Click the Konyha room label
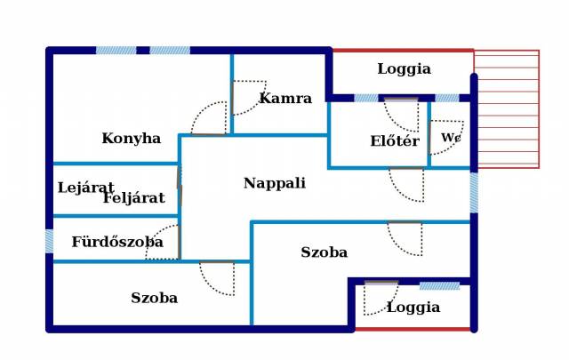click(131, 138)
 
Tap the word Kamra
click(285, 98)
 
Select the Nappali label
click(275, 183)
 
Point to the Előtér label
click(395, 140)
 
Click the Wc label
click(451, 138)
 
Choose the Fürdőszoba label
click(117, 241)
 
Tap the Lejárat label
click(85, 188)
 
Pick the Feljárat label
click(133, 197)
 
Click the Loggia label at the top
click(404, 68)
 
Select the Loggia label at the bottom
click(413, 308)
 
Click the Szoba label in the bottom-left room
click(154, 298)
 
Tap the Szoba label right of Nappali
click(324, 252)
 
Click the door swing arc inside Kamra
click(250, 98)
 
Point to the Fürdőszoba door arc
click(162, 242)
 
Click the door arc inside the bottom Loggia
click(381, 299)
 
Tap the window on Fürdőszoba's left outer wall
click(50, 241)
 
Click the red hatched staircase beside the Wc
click(507, 108)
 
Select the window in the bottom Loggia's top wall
click(439, 286)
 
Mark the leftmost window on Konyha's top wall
click(116, 51)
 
